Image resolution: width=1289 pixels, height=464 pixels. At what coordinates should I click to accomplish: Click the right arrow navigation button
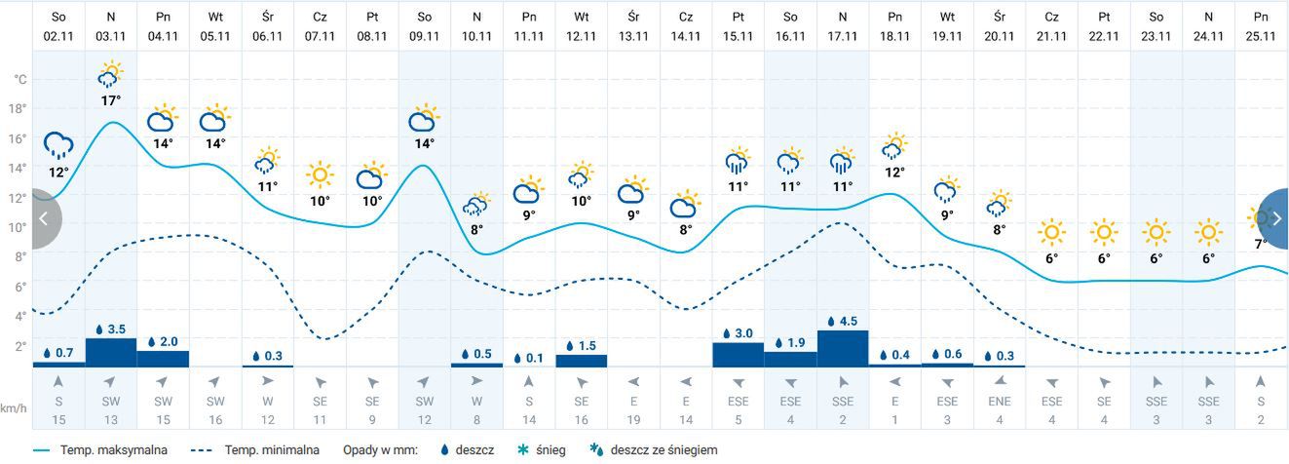[1274, 218]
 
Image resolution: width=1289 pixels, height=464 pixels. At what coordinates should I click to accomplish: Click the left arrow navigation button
[43, 218]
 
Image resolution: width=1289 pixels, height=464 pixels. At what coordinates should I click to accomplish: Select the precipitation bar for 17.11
[842, 348]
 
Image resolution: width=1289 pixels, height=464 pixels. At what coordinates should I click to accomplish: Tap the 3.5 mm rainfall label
[110, 329]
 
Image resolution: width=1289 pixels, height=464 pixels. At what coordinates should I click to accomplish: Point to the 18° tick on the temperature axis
[19, 108]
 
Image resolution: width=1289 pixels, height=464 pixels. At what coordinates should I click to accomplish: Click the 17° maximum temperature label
[110, 100]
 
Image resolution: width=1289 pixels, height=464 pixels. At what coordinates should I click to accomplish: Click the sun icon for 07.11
[320, 175]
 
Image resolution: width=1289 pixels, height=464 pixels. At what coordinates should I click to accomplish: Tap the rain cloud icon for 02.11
[58, 146]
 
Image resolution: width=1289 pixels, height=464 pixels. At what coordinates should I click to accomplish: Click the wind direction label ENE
[999, 401]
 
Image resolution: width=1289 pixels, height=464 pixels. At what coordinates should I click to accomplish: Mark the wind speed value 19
[633, 419]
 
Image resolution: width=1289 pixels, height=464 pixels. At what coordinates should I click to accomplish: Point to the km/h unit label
[13, 408]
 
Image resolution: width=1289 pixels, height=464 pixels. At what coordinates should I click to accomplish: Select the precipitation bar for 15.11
[738, 355]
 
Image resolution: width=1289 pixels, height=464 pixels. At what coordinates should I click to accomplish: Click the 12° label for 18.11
[894, 172]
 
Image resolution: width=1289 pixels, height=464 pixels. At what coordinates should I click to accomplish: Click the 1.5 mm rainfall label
[582, 346]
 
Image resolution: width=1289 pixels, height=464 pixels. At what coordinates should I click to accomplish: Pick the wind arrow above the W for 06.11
[267, 380]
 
